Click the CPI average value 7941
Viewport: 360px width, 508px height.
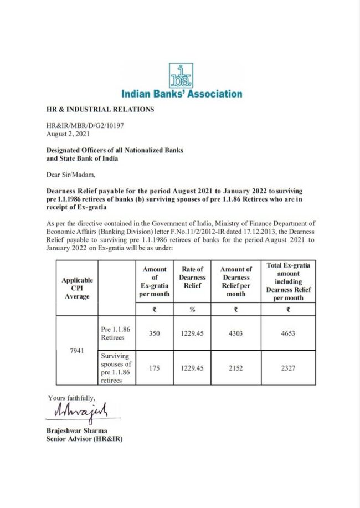click(77, 351)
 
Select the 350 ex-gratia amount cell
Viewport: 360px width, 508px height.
click(154, 333)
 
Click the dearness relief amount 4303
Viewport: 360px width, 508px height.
click(236, 333)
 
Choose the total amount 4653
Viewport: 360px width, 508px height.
click(288, 333)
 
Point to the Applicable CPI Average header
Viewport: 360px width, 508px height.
click(77, 288)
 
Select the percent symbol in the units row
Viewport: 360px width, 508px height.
click(192, 310)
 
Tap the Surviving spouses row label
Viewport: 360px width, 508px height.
click(116, 368)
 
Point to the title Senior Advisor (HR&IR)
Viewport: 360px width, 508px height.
click(85, 439)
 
